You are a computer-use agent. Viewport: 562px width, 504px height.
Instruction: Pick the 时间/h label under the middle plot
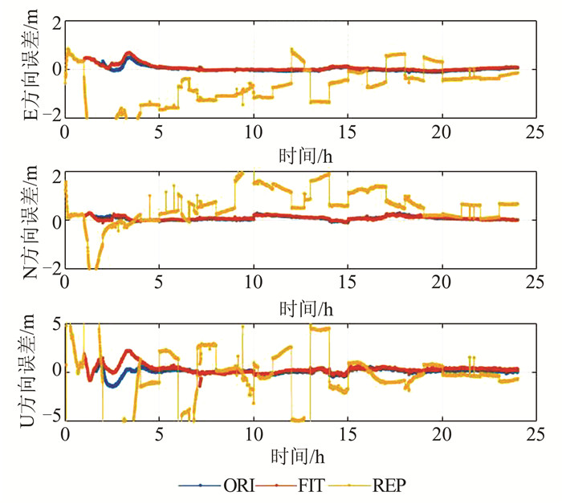pos(301,307)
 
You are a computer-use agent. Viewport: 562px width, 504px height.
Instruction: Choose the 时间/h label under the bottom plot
pos(301,455)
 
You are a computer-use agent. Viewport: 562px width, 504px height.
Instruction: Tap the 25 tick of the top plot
pos(538,133)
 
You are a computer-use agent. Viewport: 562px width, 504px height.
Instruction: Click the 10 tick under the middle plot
pos(254,283)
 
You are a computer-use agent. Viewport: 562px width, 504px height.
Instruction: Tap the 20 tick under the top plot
pos(443,133)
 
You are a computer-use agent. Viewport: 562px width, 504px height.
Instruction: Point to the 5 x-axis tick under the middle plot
pos(159,283)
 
